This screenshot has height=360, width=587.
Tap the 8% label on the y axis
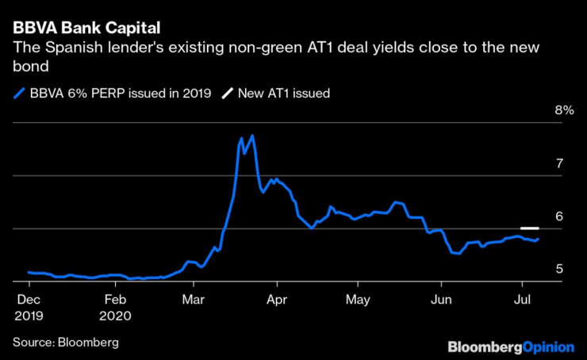point(563,110)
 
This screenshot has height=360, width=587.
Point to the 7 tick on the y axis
point(559,163)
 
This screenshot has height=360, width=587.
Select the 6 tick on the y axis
point(559,216)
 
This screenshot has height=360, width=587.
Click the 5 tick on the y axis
point(559,270)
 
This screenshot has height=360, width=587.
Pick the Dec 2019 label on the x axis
point(29,307)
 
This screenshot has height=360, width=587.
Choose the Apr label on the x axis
point(277,301)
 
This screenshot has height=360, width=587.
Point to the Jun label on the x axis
point(441,301)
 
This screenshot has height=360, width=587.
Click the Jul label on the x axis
point(522,301)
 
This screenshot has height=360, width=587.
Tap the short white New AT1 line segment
point(530,228)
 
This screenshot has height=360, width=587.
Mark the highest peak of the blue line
point(252,136)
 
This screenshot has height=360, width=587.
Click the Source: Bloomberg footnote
point(65,342)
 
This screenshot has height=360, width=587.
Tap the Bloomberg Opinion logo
point(511,347)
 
